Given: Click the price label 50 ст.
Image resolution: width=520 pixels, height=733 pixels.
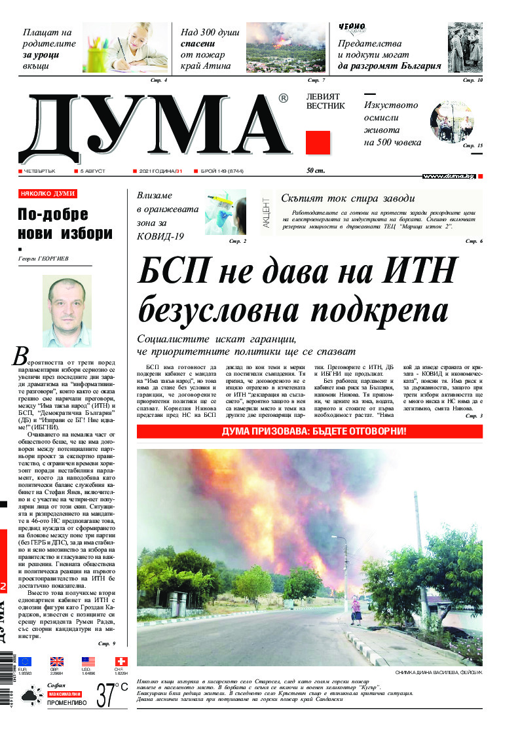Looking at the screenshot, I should [x=316, y=171].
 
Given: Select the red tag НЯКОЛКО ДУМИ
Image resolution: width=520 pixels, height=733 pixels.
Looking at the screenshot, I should [x=48, y=194].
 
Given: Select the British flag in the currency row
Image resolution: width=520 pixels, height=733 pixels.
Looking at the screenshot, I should [x=58, y=661].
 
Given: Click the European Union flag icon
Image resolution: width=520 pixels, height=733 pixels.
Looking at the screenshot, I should [x=25, y=661].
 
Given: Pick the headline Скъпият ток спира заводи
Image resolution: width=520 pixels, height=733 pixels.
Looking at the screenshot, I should [x=348, y=199].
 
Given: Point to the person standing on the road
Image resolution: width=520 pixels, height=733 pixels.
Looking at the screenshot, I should [x=356, y=612].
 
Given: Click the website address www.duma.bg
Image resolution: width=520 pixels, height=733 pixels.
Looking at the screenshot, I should [x=448, y=176].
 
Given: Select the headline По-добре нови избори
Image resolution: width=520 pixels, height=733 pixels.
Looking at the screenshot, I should [x=65, y=224].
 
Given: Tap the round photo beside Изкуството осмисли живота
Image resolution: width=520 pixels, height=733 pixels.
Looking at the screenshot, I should [x=451, y=122].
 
